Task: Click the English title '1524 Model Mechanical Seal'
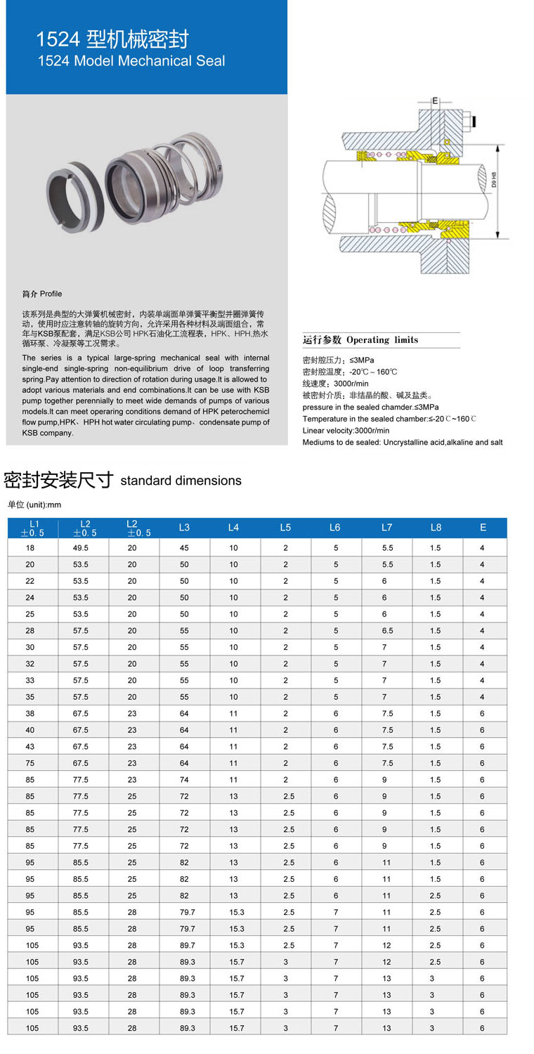pos(131,61)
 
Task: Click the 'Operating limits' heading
pos(360,340)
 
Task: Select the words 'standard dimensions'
pos(181,481)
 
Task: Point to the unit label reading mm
pos(34,505)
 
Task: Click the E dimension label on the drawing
pos(435,101)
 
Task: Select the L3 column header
pos(184,528)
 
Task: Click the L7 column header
pos(386,528)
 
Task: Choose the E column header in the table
pos(483,528)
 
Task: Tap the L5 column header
pos(285,528)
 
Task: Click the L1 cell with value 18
pos(32,548)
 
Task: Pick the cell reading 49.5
pos(83,548)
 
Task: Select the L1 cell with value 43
pos(32,747)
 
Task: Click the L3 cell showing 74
pos(184,780)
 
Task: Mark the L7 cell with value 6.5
pos(386,631)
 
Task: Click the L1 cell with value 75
pos(32,764)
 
